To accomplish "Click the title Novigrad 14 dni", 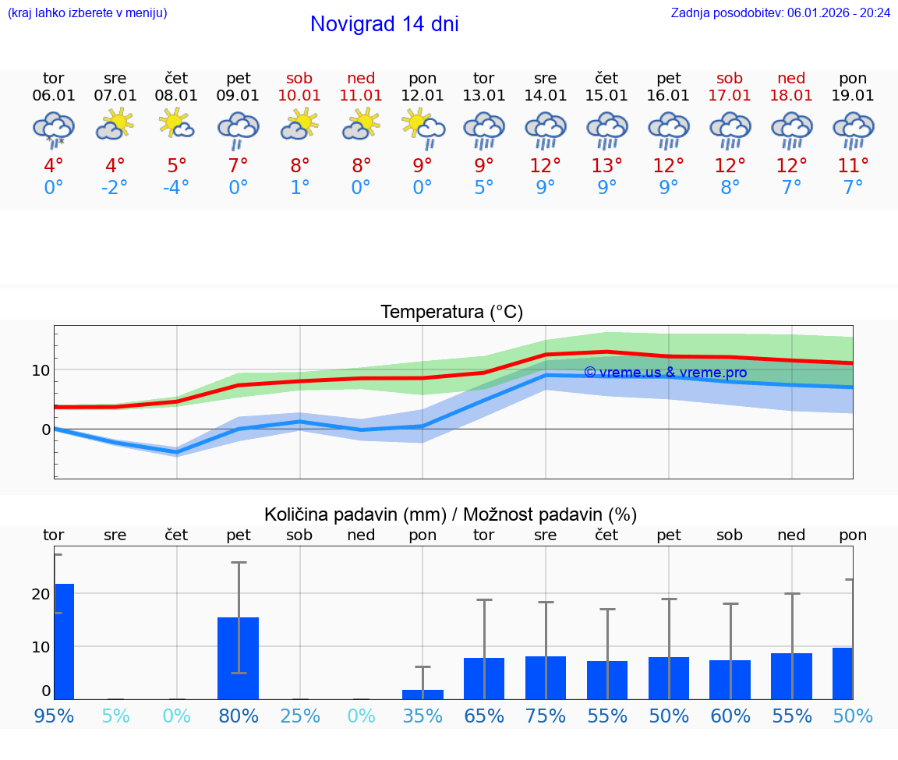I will tap(384, 24).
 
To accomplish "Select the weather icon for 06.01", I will tap(54, 129).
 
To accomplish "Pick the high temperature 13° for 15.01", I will tap(606, 166).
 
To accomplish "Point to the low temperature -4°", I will tap(176, 188).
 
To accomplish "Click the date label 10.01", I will tap(299, 96).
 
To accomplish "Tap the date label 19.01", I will tap(853, 96).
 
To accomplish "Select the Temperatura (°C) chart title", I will tap(451, 313).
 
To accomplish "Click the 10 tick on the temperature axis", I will tap(41, 369).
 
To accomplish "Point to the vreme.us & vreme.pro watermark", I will tap(665, 373).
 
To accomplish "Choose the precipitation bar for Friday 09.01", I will tap(238, 658).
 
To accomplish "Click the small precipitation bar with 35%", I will tap(422, 694).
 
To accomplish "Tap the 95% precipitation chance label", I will tap(54, 716).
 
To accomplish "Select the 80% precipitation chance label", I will tap(238, 716).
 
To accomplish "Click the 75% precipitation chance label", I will tap(545, 716).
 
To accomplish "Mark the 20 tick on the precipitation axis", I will tap(41, 594).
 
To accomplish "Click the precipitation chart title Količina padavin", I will tap(451, 514).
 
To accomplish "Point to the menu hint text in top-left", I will tap(87, 12).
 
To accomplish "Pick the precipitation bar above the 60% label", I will tap(730, 679).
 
